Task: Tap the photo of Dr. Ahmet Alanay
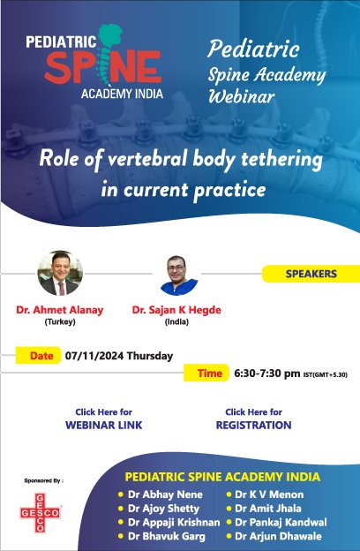59,273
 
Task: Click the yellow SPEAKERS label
311,274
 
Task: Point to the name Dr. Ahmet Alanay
59,311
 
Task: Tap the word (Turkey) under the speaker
59,322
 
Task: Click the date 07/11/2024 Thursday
118,357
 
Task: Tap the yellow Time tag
209,374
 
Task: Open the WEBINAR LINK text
104,425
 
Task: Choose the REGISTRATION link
253,425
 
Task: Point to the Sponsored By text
43,481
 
